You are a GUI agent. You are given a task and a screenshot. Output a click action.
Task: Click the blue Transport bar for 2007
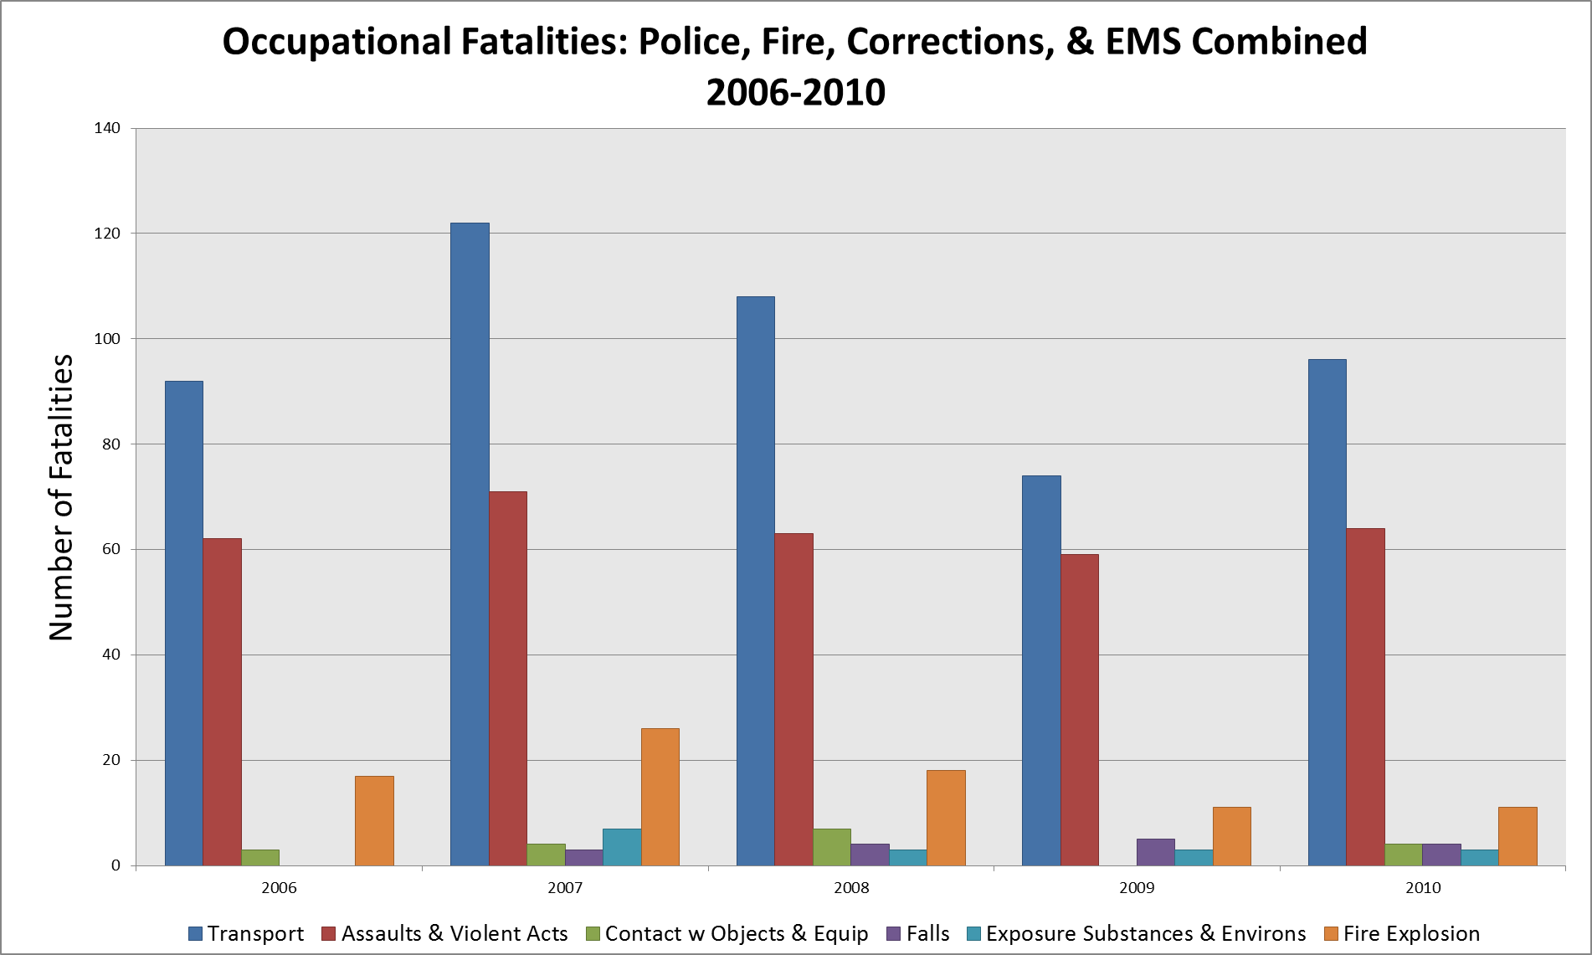click(470, 544)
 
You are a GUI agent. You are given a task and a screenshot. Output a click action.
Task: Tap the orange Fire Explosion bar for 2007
click(660, 797)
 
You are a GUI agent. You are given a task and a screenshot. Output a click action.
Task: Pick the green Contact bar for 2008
click(831, 847)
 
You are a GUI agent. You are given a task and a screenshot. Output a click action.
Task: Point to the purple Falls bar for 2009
click(1155, 852)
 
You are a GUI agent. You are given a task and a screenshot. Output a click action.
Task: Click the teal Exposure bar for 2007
click(622, 847)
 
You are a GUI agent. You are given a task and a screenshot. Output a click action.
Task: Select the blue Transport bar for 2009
click(1041, 670)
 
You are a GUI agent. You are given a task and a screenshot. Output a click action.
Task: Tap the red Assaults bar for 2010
click(1365, 696)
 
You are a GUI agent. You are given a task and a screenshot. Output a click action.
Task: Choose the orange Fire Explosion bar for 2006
click(374, 820)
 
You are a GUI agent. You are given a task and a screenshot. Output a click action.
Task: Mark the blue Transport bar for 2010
click(1328, 612)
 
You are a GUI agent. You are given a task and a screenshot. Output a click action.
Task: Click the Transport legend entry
click(246, 933)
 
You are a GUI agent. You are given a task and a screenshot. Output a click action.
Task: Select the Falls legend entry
click(918, 933)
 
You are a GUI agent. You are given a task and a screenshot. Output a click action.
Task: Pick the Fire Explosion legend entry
click(1402, 933)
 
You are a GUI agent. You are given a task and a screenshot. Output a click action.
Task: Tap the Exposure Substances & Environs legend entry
click(1136, 933)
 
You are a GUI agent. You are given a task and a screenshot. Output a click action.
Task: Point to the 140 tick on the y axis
click(107, 128)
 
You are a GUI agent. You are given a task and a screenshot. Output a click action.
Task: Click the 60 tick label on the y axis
click(110, 549)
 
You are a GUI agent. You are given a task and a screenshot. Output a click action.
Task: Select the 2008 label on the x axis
click(851, 888)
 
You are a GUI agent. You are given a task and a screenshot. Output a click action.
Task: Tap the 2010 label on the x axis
click(1423, 888)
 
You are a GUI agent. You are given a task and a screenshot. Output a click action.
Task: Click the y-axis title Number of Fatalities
click(61, 497)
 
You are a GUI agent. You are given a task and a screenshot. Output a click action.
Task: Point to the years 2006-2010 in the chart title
click(795, 91)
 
